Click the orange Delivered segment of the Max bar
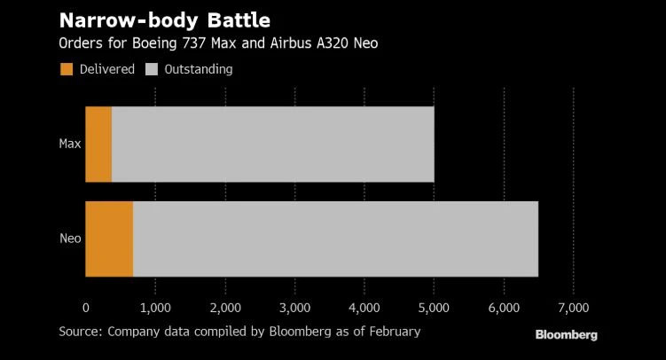pyautogui.click(x=98, y=144)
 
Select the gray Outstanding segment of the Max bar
pyautogui.click(x=272, y=144)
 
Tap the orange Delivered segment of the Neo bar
pyautogui.click(x=109, y=239)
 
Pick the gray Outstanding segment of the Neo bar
pyautogui.click(x=335, y=239)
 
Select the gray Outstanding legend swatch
pyautogui.click(x=153, y=69)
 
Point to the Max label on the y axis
pyautogui.click(x=70, y=144)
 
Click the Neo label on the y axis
pyautogui.click(x=70, y=239)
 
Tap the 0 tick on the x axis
pyautogui.click(x=85, y=308)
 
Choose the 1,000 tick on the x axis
pyautogui.click(x=155, y=308)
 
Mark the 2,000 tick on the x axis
pyautogui.click(x=224, y=308)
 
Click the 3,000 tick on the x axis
pyautogui.click(x=294, y=308)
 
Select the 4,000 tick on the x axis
pyautogui.click(x=364, y=308)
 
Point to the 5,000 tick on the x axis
pyautogui.click(x=434, y=308)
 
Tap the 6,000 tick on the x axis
pyautogui.click(x=504, y=308)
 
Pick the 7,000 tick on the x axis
pyautogui.click(x=573, y=308)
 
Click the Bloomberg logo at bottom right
pyautogui.click(x=566, y=335)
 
